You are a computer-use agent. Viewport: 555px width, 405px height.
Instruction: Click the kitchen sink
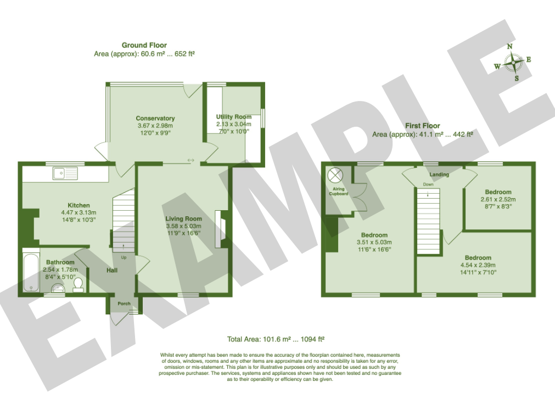(65, 173)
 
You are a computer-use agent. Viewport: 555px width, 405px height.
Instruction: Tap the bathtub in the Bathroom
(31, 272)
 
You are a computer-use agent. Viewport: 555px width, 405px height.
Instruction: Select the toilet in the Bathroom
(78, 285)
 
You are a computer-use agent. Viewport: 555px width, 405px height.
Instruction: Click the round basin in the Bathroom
(58, 288)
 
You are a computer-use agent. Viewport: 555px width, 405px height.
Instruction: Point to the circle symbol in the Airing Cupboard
(335, 175)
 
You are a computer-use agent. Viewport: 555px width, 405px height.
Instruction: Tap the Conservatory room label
(155, 118)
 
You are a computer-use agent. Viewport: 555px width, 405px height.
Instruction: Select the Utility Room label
(234, 117)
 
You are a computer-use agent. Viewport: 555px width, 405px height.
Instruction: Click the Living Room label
(184, 218)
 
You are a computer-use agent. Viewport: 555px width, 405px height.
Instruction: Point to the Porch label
(124, 303)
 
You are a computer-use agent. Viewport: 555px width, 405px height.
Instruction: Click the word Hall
(112, 270)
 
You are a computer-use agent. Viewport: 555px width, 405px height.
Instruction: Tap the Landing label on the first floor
(439, 175)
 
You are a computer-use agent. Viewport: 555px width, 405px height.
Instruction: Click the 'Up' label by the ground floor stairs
(124, 257)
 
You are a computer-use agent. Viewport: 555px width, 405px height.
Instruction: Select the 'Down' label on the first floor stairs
(428, 184)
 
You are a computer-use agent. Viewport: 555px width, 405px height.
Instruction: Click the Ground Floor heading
(144, 46)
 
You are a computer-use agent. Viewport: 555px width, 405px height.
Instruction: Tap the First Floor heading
(423, 126)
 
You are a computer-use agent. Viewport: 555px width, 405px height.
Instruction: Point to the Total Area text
(276, 339)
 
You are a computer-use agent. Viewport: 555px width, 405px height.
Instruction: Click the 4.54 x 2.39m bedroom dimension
(478, 265)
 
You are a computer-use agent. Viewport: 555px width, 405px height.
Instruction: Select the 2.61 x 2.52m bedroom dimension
(498, 199)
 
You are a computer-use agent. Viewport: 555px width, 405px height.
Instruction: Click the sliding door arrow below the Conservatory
(191, 161)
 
